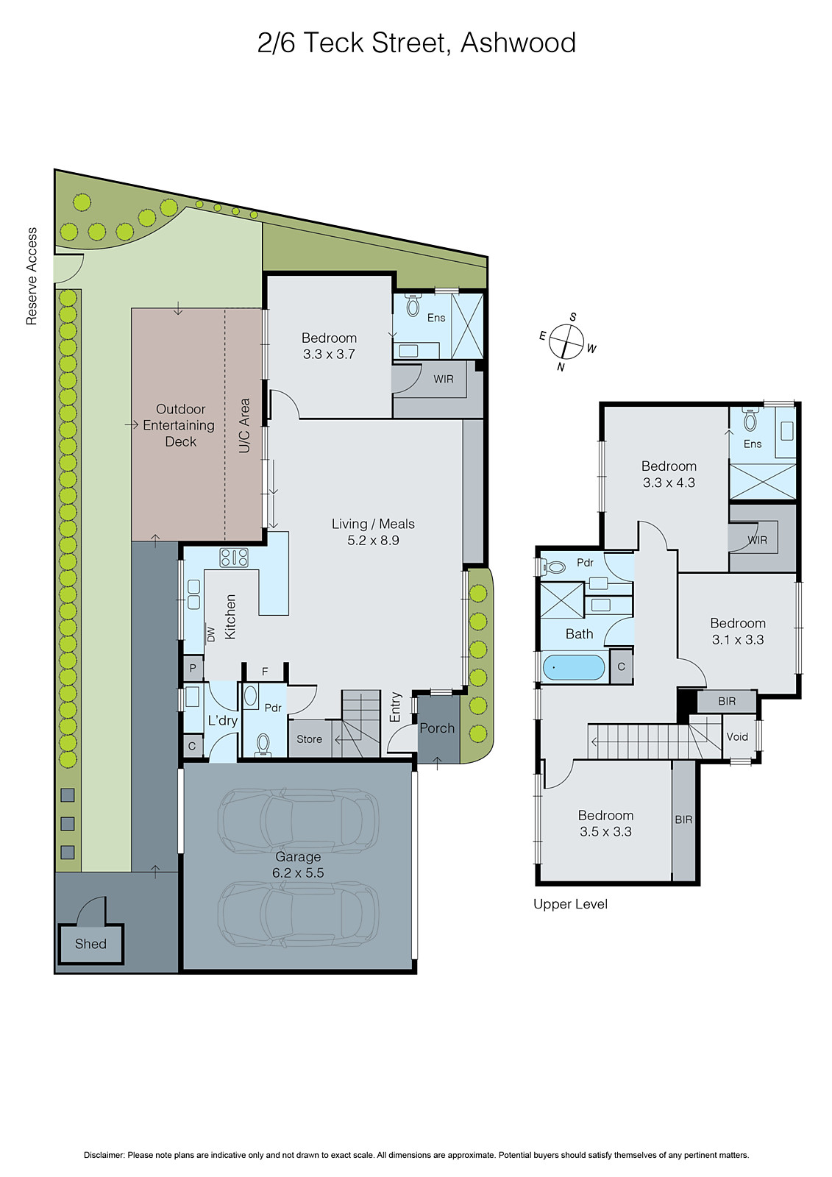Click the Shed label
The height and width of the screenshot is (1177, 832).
click(x=90, y=944)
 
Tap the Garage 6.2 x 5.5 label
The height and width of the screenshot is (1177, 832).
click(x=298, y=865)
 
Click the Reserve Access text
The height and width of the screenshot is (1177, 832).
click(x=32, y=276)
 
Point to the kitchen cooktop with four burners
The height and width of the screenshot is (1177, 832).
click(x=233, y=558)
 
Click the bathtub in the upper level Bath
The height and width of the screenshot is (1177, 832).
click(x=573, y=668)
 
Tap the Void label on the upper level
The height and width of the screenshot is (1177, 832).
click(x=737, y=736)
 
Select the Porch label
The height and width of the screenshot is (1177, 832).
click(x=437, y=728)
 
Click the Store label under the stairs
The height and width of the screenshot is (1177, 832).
click(x=309, y=739)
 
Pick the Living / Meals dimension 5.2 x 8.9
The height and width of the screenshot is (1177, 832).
click(x=373, y=541)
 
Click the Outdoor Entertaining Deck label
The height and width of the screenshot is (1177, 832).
click(x=180, y=425)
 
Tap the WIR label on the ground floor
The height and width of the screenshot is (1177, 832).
click(x=444, y=379)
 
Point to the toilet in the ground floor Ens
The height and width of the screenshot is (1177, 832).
click(x=413, y=305)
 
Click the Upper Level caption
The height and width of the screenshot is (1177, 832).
click(x=570, y=904)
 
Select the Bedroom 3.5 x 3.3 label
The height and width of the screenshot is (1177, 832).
click(x=605, y=823)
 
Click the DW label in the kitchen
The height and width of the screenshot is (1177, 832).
click(x=211, y=633)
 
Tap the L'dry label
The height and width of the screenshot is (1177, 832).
click(x=222, y=720)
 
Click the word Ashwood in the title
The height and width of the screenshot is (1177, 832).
click(x=518, y=43)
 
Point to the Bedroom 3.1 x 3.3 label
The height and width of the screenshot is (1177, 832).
click(x=737, y=631)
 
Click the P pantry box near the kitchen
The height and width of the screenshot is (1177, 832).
click(x=193, y=668)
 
